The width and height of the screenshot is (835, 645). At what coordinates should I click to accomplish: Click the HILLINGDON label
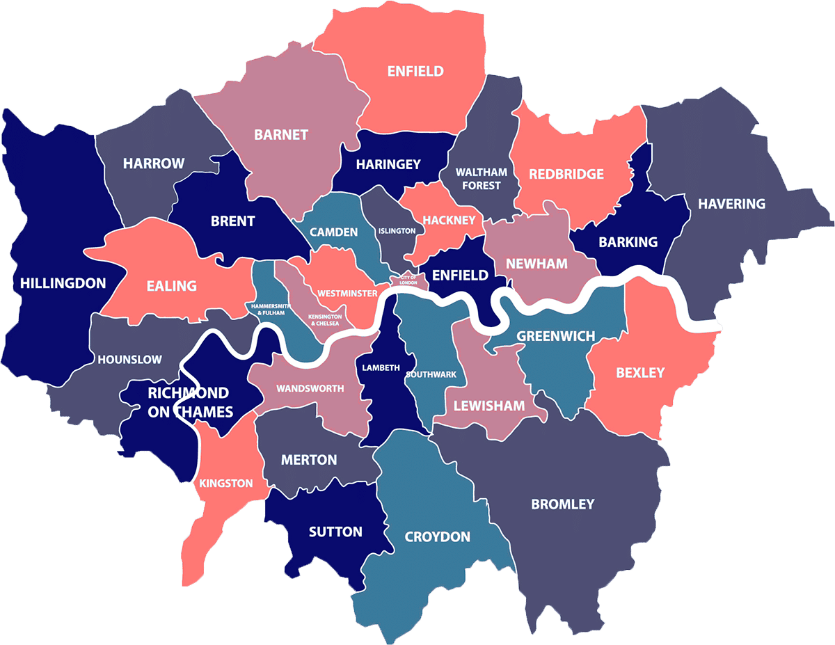63,283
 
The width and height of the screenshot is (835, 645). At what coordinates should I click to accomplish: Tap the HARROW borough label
154,164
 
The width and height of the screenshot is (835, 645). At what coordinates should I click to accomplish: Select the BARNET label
281,135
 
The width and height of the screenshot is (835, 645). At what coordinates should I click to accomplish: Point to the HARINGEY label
388,164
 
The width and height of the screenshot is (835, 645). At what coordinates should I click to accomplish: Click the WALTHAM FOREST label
481,179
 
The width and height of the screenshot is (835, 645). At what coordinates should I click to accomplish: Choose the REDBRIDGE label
566,174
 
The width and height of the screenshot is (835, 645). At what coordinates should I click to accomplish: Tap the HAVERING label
731,204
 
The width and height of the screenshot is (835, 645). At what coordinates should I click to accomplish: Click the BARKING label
628,242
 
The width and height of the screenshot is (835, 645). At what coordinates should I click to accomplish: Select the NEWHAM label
536,264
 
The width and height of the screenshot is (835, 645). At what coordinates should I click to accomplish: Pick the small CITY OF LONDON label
408,280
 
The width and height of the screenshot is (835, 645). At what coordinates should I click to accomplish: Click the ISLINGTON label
397,230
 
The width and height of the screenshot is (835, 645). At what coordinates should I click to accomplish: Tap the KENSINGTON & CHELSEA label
324,319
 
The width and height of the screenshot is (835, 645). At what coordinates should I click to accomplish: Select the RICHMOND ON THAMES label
190,402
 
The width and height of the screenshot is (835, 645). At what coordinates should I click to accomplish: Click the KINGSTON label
226,483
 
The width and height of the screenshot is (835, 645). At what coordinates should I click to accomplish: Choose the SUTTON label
335,532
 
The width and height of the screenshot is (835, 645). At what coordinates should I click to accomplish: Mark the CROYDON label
438,537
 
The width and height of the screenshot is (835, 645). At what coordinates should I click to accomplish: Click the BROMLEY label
563,504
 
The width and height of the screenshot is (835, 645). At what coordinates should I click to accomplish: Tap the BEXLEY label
640,373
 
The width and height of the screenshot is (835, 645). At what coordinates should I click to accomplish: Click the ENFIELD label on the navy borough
460,275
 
